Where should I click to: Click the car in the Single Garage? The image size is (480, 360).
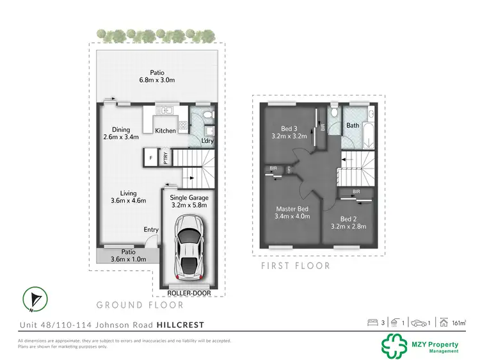(x=189, y=247)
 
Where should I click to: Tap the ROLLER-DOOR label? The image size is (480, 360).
(x=189, y=293)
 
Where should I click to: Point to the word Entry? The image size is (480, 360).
(x=151, y=229)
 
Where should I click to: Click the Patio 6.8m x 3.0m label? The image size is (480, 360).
(x=157, y=76)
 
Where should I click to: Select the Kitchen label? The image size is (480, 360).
(x=165, y=131)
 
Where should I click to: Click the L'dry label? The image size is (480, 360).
(x=207, y=141)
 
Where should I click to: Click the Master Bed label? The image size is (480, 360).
(x=293, y=213)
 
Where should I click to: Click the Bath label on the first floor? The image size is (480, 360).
(x=353, y=126)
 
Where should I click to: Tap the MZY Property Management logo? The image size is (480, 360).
(x=420, y=345)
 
